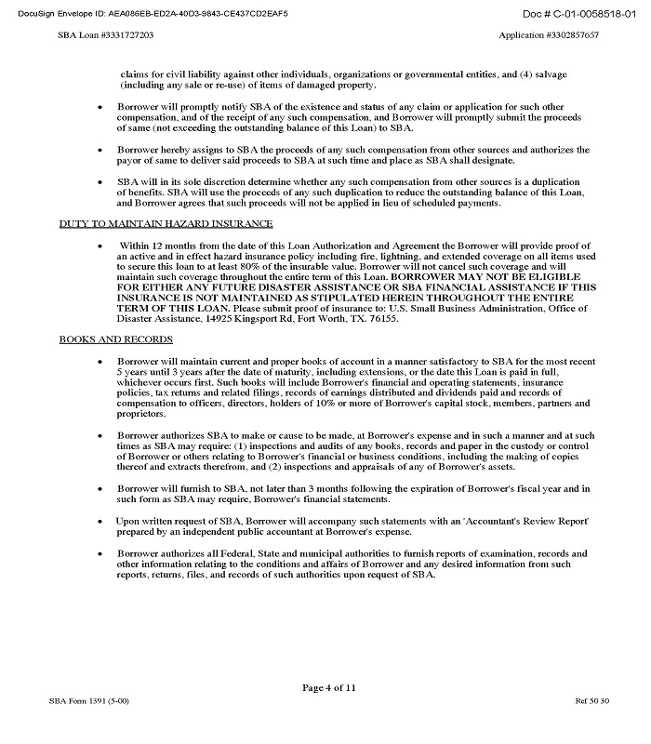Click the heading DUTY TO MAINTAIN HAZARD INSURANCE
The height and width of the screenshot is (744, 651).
(166, 224)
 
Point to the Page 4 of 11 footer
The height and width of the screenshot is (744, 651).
(328, 688)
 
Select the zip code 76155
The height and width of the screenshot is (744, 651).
(383, 319)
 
